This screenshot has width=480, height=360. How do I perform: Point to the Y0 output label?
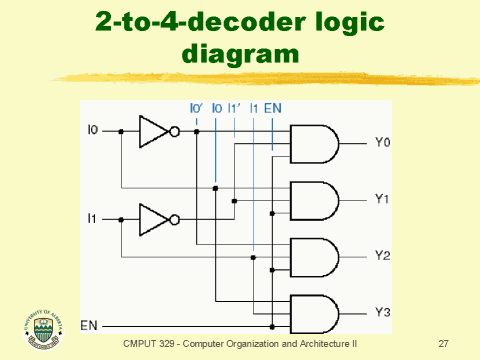pos(381,143)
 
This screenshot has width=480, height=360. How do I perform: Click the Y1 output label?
pos(381,200)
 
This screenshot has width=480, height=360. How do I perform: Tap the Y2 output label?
pos(381,256)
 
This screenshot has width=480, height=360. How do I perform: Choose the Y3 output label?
pos(381,312)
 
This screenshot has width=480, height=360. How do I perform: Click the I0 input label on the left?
pos(94,130)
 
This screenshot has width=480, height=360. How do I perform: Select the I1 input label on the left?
pos(94,216)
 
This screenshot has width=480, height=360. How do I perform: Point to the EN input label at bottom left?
pos(89,325)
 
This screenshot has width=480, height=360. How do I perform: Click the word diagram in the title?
pos(240,53)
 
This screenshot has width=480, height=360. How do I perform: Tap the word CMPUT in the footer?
pos(140,344)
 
